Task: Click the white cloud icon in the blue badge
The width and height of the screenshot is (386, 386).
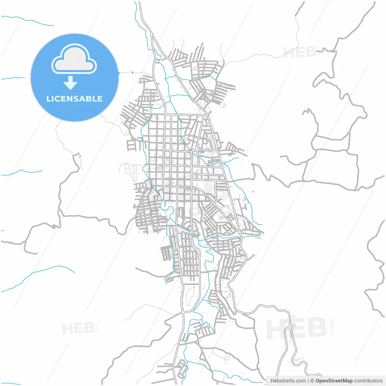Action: point(74,59)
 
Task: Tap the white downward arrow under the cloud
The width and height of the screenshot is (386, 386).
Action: point(71,83)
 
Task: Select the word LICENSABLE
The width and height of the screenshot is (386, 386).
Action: point(74,99)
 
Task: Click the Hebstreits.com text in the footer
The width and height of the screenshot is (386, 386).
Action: point(288,381)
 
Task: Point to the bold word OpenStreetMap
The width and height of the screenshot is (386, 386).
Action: point(334,381)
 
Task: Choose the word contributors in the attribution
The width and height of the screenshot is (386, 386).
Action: point(368,381)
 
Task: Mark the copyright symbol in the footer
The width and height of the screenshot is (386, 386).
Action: point(312,381)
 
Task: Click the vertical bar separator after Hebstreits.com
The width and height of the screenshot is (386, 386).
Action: point(308,381)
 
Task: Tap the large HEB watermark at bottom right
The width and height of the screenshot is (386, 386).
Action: point(297,328)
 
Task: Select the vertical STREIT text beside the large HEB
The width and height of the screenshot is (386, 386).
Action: point(332,326)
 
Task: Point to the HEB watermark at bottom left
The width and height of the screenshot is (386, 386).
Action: point(78,328)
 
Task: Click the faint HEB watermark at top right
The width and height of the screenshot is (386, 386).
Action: point(300,53)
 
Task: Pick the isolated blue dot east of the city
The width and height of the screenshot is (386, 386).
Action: point(253,192)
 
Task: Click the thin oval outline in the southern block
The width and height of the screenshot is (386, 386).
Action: point(191,294)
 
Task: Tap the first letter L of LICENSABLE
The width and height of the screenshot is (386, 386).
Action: point(49,99)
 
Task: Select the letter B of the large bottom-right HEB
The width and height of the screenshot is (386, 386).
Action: point(317,328)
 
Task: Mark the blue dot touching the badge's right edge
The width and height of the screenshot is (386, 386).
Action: point(119,73)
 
